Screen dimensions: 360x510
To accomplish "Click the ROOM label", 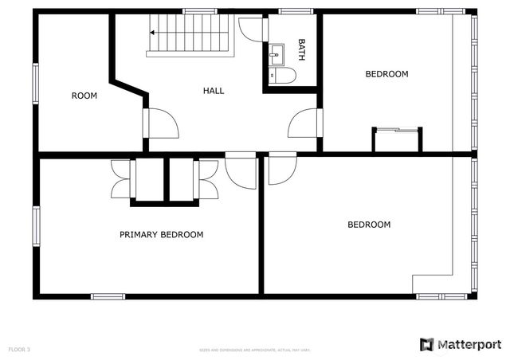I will point(84,96).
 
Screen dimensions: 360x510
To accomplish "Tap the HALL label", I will point(214,91).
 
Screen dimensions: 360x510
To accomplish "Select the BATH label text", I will point(302,50).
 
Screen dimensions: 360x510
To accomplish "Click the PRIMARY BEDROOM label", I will point(161,235).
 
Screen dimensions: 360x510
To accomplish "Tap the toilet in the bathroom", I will point(283,75).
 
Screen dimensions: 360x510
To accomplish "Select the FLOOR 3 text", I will point(19,350).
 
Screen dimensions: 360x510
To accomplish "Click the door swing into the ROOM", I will point(163,123).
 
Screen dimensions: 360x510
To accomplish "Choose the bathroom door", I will point(251,29).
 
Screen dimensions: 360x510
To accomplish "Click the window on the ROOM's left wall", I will point(35,83).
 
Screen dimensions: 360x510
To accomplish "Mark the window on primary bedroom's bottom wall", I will point(108,296).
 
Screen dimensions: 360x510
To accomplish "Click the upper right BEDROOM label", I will point(386,74).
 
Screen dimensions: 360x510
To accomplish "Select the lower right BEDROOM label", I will point(369,225).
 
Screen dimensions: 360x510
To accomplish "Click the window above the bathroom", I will point(295,11).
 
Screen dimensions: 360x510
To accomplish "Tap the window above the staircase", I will point(200,11).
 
